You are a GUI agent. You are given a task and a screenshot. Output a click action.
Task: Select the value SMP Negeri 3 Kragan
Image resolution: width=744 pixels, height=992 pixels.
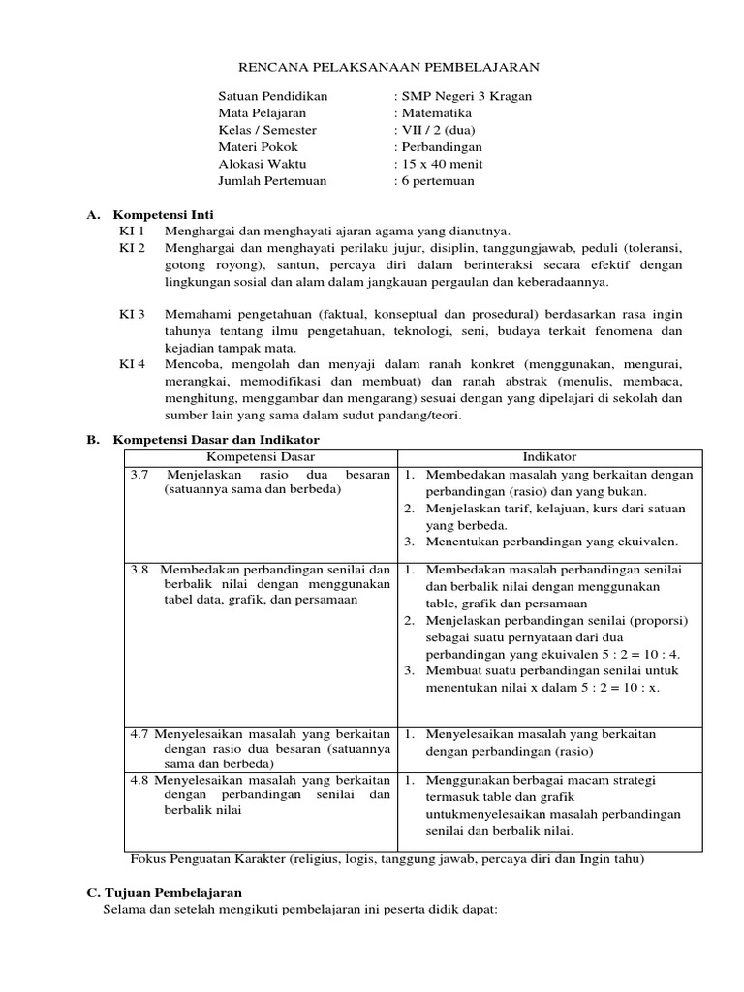pyautogui.click(x=466, y=96)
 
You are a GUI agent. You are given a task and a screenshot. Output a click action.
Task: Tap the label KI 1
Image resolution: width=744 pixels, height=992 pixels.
pyautogui.click(x=132, y=231)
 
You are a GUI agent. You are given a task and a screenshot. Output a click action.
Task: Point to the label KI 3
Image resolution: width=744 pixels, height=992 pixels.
pyautogui.click(x=132, y=315)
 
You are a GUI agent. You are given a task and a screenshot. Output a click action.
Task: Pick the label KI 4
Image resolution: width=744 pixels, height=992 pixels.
pyautogui.click(x=132, y=365)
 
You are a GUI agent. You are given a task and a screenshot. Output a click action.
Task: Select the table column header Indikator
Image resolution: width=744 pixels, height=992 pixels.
pyautogui.click(x=549, y=456)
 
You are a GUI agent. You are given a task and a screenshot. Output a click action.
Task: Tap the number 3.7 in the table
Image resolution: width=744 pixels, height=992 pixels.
pyautogui.click(x=139, y=475)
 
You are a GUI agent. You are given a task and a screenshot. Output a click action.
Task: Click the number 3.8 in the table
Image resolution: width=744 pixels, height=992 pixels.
pyautogui.click(x=140, y=570)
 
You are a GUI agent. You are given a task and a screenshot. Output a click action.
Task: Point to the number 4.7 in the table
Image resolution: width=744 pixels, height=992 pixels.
pyautogui.click(x=139, y=733)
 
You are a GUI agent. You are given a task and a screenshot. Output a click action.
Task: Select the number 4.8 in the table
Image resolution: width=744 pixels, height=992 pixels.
pyautogui.click(x=139, y=779)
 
